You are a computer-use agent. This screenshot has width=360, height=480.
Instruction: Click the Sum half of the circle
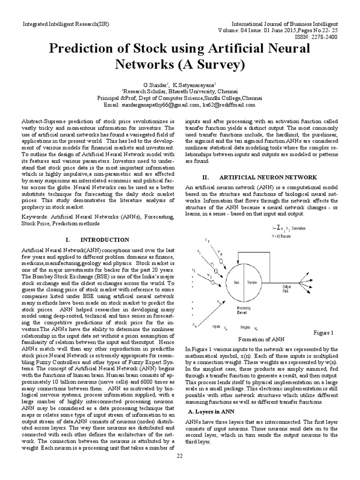click(x=237, y=283)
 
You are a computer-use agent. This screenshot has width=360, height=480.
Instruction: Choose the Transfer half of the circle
click(x=252, y=283)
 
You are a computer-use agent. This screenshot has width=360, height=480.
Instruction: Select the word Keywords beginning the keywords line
click(x=36, y=217)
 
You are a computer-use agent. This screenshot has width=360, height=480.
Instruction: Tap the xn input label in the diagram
click(x=194, y=325)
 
